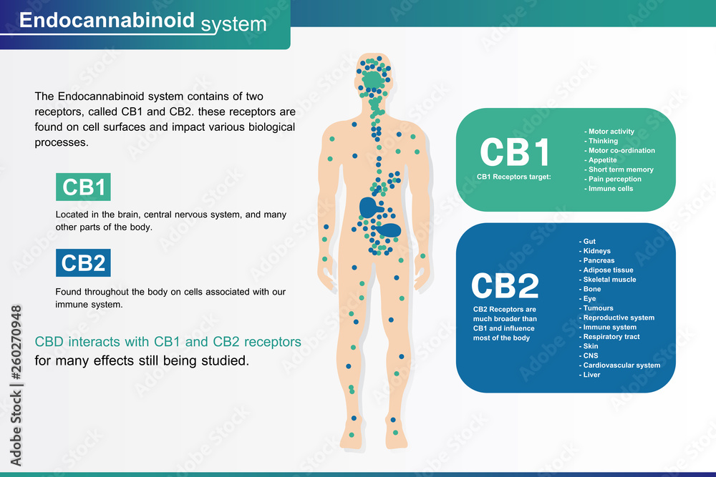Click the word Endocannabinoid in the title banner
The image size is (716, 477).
pyautogui.click(x=107, y=20)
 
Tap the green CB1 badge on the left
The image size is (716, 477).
pyautogui.click(x=84, y=187)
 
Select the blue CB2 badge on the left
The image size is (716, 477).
pyautogui.click(x=84, y=263)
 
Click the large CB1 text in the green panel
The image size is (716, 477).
pyautogui.click(x=515, y=152)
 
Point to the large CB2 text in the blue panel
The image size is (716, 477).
pyautogui.click(x=505, y=286)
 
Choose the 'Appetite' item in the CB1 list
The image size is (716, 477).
pyautogui.click(x=602, y=160)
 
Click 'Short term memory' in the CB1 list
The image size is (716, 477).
pyautogui.click(x=621, y=169)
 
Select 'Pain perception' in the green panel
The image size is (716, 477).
pyautogui.click(x=614, y=179)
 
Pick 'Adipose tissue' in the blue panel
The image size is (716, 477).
pyautogui.click(x=608, y=270)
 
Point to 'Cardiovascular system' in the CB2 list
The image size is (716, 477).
pyautogui.click(x=621, y=365)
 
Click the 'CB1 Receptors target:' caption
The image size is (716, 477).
pyautogui.click(x=513, y=177)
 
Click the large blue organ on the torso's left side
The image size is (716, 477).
pyautogui.click(x=369, y=208)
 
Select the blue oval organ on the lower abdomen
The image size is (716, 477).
pyautogui.click(x=389, y=230)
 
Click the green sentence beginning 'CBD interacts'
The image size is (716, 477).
pyautogui.click(x=168, y=342)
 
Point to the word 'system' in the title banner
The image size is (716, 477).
pyautogui.click(x=233, y=25)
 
